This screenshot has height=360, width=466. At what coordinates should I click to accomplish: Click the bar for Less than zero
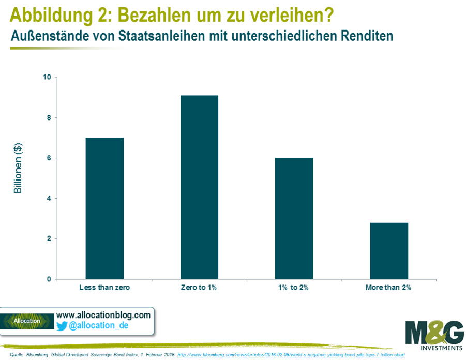pyautogui.click(x=104, y=208)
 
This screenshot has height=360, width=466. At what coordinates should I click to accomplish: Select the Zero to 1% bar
pyautogui.click(x=199, y=187)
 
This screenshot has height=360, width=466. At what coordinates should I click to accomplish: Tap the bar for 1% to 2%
pyautogui.click(x=294, y=218)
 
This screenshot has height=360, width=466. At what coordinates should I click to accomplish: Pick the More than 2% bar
pyautogui.click(x=389, y=250)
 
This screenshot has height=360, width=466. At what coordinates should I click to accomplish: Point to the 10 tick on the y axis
pyautogui.click(x=48, y=78)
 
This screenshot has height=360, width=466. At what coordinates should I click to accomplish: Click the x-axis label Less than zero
pyautogui.click(x=104, y=288)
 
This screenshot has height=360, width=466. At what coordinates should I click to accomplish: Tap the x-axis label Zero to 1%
pyautogui.click(x=199, y=288)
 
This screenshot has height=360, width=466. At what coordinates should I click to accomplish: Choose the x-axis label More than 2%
pyautogui.click(x=389, y=288)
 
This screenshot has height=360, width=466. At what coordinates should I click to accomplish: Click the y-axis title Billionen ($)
pyautogui.click(x=18, y=168)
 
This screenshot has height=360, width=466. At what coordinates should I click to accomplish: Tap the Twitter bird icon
pyautogui.click(x=62, y=326)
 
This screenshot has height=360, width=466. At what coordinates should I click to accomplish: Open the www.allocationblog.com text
pyautogui.click(x=103, y=314)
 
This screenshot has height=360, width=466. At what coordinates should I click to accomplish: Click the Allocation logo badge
pyautogui.click(x=27, y=321)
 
